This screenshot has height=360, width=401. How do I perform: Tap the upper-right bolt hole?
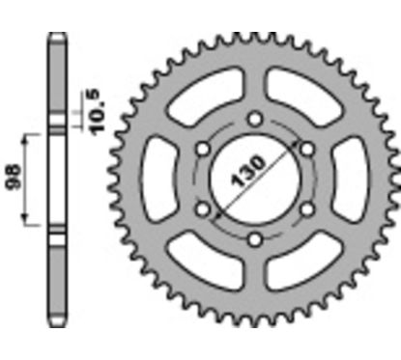[307, 149]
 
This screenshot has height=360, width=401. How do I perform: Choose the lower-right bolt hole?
[307, 209]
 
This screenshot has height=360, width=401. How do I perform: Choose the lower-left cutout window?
[201, 264]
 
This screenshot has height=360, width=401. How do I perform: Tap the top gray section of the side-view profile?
[57, 77]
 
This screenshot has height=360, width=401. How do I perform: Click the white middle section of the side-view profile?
[57, 180]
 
